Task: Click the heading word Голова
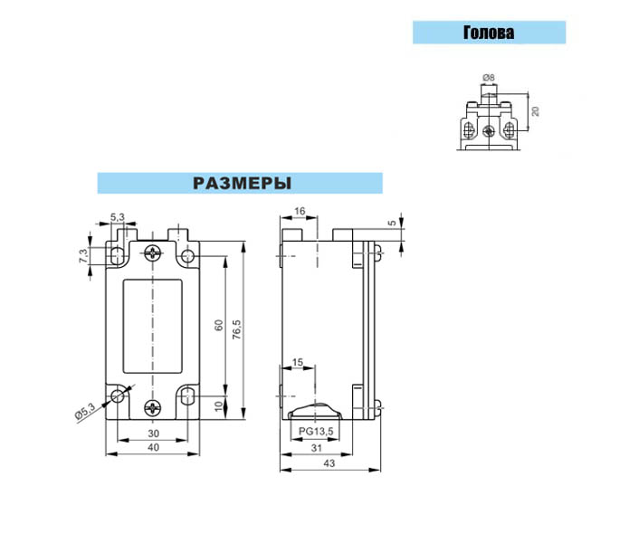(x=489, y=33)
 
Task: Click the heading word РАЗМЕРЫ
(x=242, y=184)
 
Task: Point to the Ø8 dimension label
(x=488, y=78)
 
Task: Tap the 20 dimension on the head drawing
(x=536, y=110)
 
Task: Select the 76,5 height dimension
(x=237, y=329)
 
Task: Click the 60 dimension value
(x=219, y=325)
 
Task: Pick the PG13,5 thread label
(x=316, y=431)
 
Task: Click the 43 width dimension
(x=329, y=463)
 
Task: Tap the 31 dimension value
(x=316, y=448)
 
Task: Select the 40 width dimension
(x=153, y=447)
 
